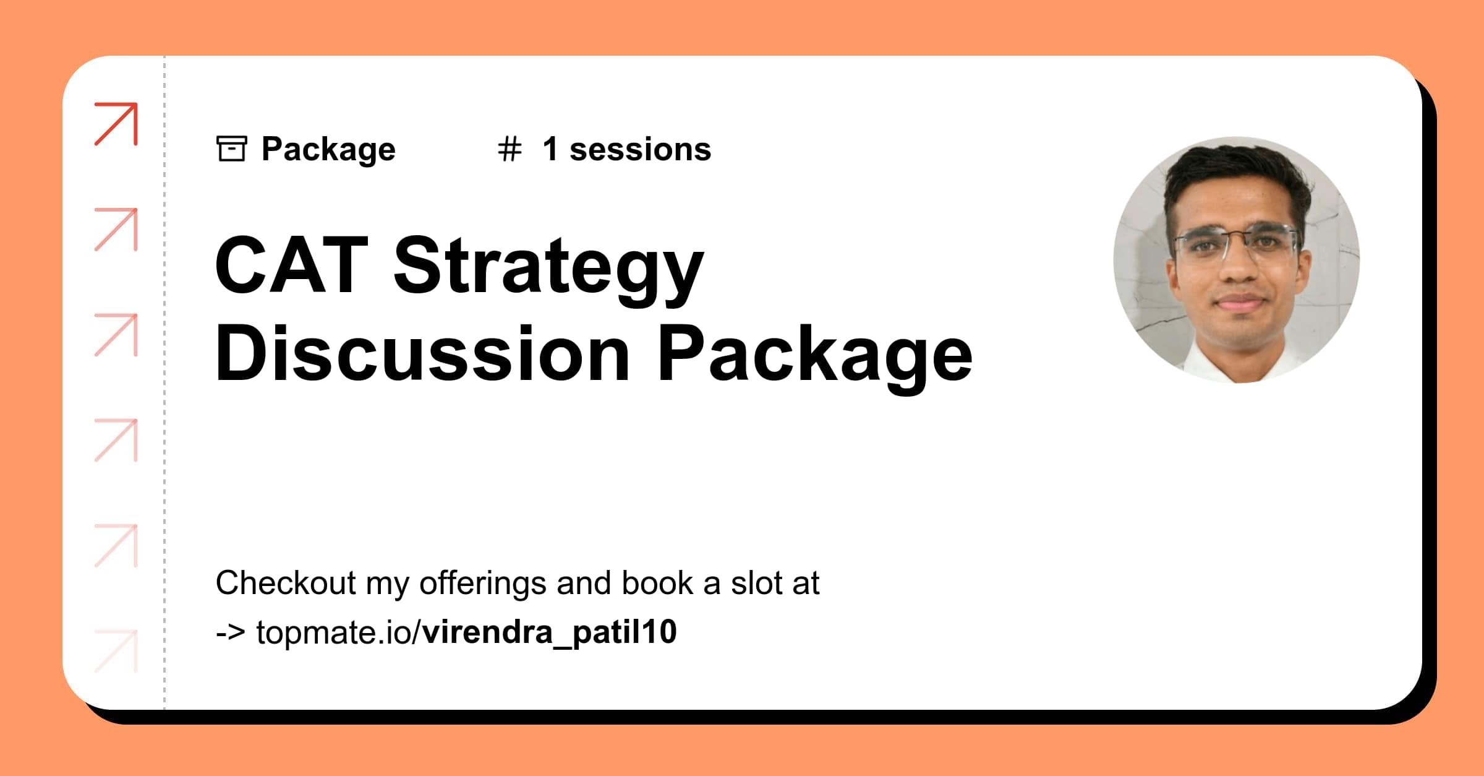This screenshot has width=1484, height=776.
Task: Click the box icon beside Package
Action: click(x=232, y=149)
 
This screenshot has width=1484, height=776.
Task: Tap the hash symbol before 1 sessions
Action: click(x=510, y=149)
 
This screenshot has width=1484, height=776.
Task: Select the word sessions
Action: click(x=640, y=150)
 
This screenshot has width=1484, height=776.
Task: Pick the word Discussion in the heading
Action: click(x=422, y=354)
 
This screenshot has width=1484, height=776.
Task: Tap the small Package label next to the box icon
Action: click(x=328, y=149)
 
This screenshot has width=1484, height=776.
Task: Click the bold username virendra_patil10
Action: click(x=550, y=632)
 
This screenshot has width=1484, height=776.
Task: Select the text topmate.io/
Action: click(x=339, y=632)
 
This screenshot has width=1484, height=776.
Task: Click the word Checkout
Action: click(x=286, y=583)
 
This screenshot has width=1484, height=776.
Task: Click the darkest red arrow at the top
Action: click(x=116, y=124)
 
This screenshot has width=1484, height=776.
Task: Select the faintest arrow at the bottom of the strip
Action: click(x=116, y=650)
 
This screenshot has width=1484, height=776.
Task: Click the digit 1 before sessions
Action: click(x=550, y=149)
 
